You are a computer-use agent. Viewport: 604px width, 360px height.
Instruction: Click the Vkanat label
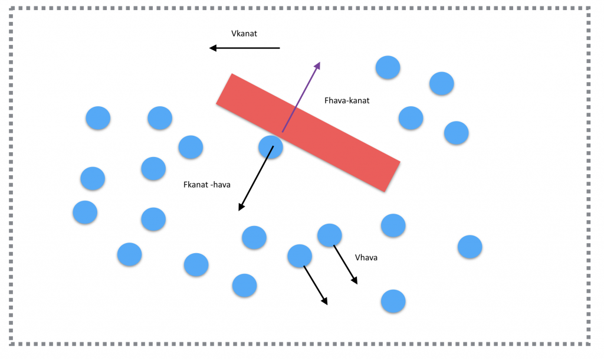(244, 34)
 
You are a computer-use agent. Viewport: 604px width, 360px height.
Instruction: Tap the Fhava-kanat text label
(347, 100)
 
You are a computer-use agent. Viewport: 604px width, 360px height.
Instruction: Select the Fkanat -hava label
(207, 185)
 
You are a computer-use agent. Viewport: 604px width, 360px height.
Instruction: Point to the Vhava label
(366, 257)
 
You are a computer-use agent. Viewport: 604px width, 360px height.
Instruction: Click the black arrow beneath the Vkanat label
(245, 48)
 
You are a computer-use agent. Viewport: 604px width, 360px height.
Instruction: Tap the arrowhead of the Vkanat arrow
(213, 48)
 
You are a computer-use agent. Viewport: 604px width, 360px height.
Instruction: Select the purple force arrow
(301, 97)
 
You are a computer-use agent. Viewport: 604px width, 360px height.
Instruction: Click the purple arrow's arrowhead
(317, 65)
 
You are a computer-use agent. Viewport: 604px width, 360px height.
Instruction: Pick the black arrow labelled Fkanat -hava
(255, 178)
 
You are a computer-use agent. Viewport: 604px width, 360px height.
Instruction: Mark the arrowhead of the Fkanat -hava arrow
(241, 207)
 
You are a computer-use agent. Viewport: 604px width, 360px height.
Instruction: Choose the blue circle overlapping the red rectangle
(270, 146)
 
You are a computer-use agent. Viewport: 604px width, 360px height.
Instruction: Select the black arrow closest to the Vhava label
(346, 264)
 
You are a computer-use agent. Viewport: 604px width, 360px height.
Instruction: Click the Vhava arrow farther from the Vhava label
(316, 285)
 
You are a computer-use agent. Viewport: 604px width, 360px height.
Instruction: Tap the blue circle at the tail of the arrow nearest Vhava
(329, 235)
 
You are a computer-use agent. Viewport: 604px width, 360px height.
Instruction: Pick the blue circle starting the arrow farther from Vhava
(300, 256)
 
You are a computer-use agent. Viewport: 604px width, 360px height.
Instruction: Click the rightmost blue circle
(470, 247)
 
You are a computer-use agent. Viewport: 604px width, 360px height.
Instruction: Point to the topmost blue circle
(388, 67)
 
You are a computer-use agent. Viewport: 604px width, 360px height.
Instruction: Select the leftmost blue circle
(85, 212)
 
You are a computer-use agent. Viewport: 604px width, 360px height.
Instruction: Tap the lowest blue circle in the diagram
(393, 301)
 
